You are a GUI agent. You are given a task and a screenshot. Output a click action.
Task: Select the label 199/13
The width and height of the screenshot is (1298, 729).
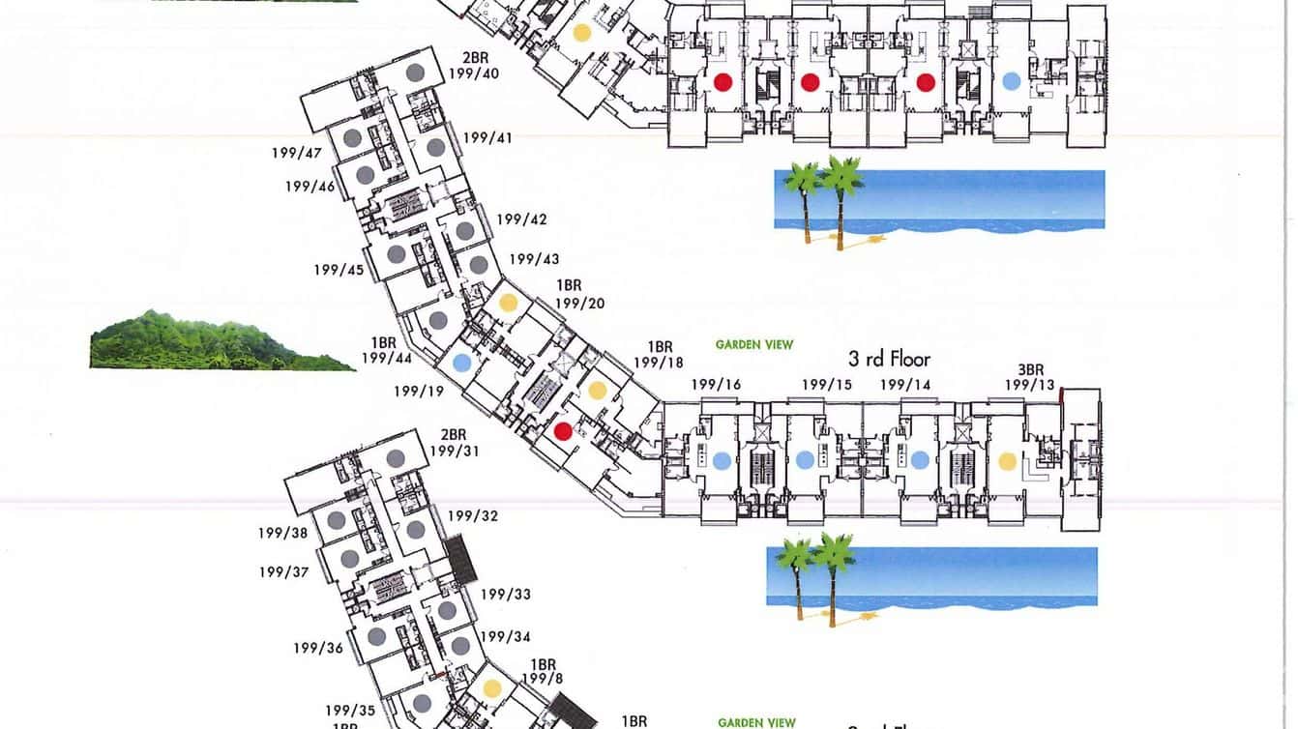[x=1029, y=385]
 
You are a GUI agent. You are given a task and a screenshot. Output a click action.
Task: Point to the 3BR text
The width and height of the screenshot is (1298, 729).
[x=1030, y=370]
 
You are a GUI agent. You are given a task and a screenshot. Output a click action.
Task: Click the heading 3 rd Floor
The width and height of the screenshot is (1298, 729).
[x=889, y=359]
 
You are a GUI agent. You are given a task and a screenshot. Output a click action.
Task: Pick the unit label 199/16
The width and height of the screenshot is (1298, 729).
[x=716, y=385]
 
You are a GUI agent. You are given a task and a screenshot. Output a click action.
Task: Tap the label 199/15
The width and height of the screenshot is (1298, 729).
[x=826, y=385]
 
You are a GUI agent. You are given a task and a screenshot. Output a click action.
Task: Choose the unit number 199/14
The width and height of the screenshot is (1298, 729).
[x=905, y=385]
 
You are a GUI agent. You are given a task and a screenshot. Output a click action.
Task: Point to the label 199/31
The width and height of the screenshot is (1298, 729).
[x=455, y=451]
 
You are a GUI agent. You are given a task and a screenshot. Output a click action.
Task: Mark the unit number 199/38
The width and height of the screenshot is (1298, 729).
[x=282, y=533]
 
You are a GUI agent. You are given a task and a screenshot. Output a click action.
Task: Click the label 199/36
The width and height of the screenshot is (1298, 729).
[x=319, y=648]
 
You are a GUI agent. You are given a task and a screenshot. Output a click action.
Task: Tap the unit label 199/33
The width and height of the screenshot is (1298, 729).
[x=507, y=594]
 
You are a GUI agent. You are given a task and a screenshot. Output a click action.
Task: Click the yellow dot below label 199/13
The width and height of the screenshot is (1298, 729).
[x=1007, y=461]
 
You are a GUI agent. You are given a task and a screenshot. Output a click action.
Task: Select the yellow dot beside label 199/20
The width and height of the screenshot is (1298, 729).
[x=508, y=303]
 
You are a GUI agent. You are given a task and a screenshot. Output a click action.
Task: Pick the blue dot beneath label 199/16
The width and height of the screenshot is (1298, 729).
[x=721, y=461]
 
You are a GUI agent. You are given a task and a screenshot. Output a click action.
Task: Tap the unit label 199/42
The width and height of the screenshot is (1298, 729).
[x=521, y=219]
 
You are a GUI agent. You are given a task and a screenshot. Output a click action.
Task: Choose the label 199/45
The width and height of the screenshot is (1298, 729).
[x=339, y=270]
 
